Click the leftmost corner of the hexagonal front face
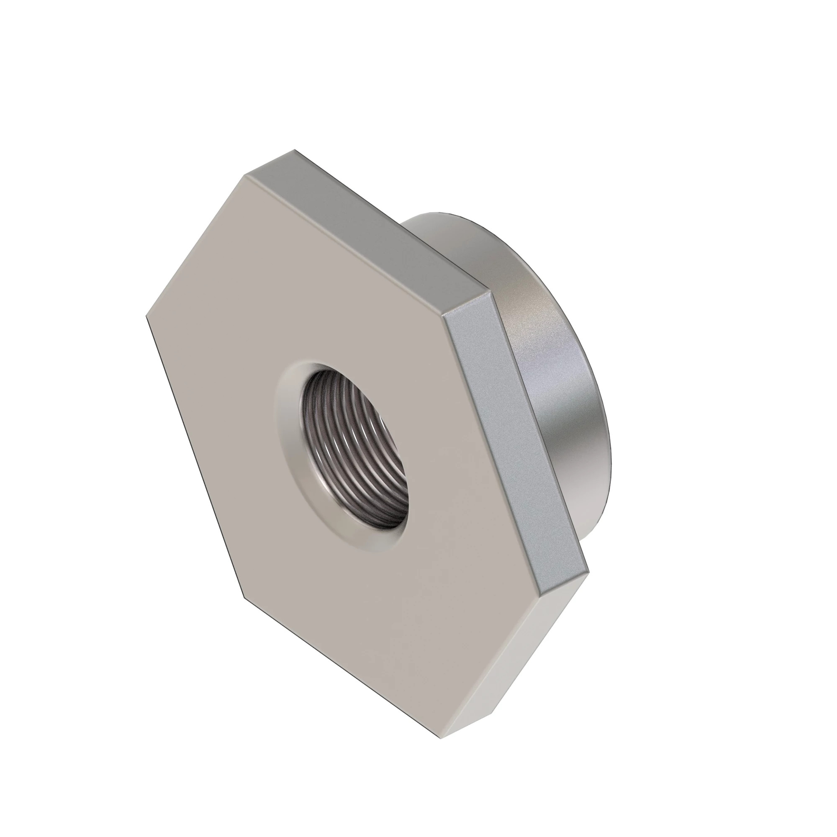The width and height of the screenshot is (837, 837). tap(146, 316)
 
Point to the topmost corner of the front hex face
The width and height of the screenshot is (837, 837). tap(245, 175)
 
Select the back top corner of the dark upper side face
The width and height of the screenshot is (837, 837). tap(295, 150)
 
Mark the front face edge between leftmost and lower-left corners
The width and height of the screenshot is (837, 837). tap(195, 455)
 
